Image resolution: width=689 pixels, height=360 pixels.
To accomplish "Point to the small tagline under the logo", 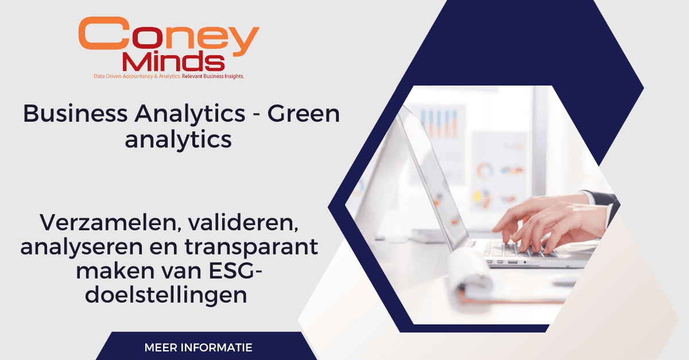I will click(x=168, y=76).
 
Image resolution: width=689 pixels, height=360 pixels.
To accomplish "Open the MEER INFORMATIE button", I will click(x=198, y=347).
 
